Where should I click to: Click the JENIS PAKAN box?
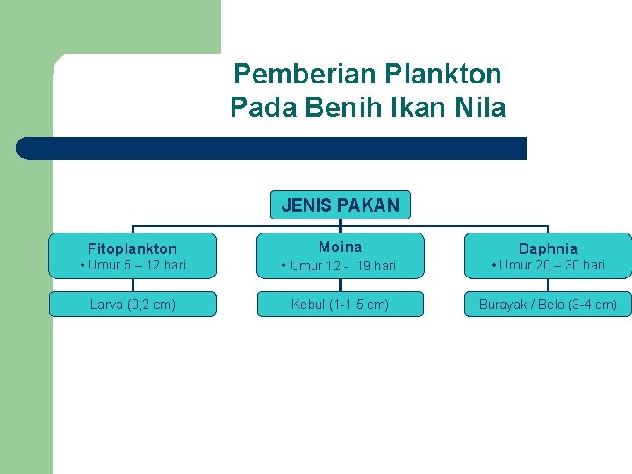pos(341,205)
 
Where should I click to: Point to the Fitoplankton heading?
pos(133,248)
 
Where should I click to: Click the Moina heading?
pos(340,247)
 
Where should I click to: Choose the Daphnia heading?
pos(548,248)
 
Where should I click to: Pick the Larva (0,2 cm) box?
pos(133,305)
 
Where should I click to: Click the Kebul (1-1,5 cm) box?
pos(340,305)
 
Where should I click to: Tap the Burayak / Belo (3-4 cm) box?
pos(548,305)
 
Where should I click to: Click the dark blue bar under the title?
pos(272,148)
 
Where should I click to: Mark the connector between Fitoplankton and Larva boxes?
pos(133,284)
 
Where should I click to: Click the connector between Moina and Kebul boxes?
pos(341,284)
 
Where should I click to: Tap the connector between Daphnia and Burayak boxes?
pos(548,284)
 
